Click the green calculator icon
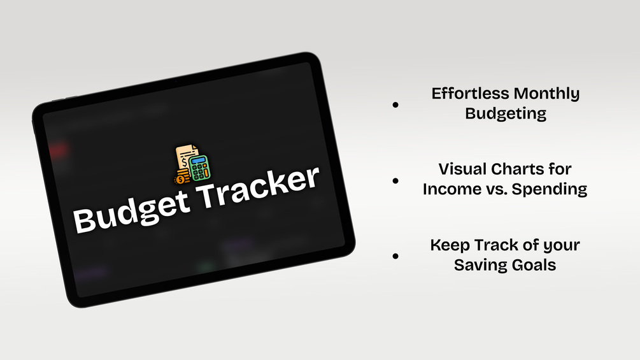pos(200,168)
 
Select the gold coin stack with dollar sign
pos(181,178)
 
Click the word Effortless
pos(470,94)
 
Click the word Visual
pos(462,169)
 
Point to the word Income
pos(448,189)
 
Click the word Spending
pos(550,190)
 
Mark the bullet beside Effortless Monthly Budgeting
pos(395,105)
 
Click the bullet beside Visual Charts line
pos(395,180)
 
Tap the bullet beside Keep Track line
pos(395,256)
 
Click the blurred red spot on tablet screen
pos(57,150)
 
